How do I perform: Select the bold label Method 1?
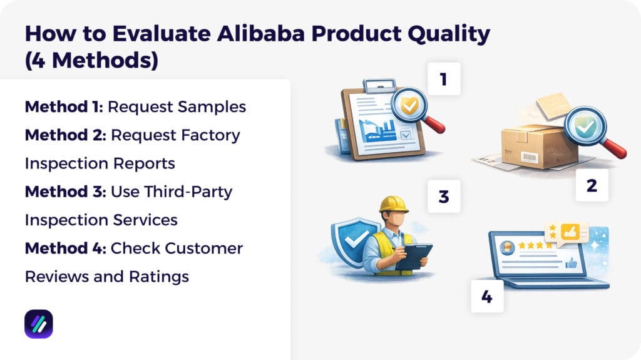pos(63,106)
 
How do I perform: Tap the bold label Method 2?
pos(65,135)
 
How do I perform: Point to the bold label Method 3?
pos(65,192)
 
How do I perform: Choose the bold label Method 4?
pos(65,248)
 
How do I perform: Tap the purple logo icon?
pos(39,324)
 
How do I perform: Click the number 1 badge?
pos(443,79)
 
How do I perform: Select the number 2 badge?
pos(592,185)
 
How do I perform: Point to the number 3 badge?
pos(444,197)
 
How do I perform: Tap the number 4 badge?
pos(487,296)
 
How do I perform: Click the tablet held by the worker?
pos(414,256)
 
